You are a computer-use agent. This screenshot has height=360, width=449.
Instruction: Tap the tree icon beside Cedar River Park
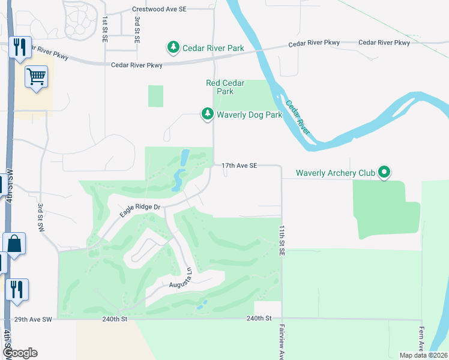(x=173, y=47)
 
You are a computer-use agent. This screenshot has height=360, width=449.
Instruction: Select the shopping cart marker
(x=37, y=77)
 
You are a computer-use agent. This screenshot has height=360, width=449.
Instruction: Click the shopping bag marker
(x=14, y=244)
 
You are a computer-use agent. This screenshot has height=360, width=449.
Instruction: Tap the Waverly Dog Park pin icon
(x=207, y=113)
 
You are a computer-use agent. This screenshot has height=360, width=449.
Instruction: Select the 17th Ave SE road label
(x=239, y=165)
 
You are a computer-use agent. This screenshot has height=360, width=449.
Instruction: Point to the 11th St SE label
(x=281, y=242)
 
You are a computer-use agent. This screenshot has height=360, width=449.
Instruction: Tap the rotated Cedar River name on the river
(x=298, y=116)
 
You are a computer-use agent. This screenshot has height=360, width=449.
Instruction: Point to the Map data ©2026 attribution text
(x=423, y=355)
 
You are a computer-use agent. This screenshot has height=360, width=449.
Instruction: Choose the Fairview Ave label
(x=281, y=342)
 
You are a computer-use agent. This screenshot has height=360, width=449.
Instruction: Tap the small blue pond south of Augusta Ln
(x=201, y=304)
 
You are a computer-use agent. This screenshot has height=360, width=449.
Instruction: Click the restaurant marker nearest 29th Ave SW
(x=16, y=289)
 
